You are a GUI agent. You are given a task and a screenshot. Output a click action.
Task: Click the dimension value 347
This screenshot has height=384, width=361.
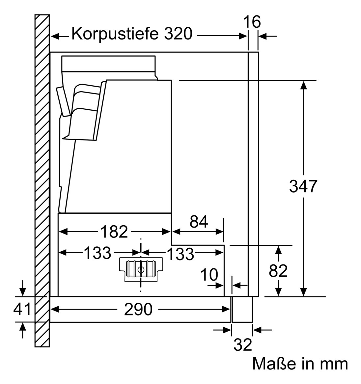[303, 187]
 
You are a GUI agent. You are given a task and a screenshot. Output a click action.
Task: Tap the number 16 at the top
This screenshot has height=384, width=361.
[252, 22]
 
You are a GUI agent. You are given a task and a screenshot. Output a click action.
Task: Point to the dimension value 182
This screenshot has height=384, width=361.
[114, 232]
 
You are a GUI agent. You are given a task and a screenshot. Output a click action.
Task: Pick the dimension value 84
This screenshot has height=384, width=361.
[199, 222]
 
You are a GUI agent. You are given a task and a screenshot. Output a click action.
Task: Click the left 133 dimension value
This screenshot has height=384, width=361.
[97, 253]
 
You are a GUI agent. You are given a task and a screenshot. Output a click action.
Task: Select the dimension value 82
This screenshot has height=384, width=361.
[278, 271]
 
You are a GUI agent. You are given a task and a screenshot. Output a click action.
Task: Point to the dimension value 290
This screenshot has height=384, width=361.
[138, 309]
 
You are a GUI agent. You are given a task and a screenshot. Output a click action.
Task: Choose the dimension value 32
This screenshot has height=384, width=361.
[243, 345]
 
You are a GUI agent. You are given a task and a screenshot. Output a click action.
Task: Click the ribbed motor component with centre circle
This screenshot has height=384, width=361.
[141, 269]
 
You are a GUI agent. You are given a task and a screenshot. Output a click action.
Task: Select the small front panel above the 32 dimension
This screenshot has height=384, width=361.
[242, 309]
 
